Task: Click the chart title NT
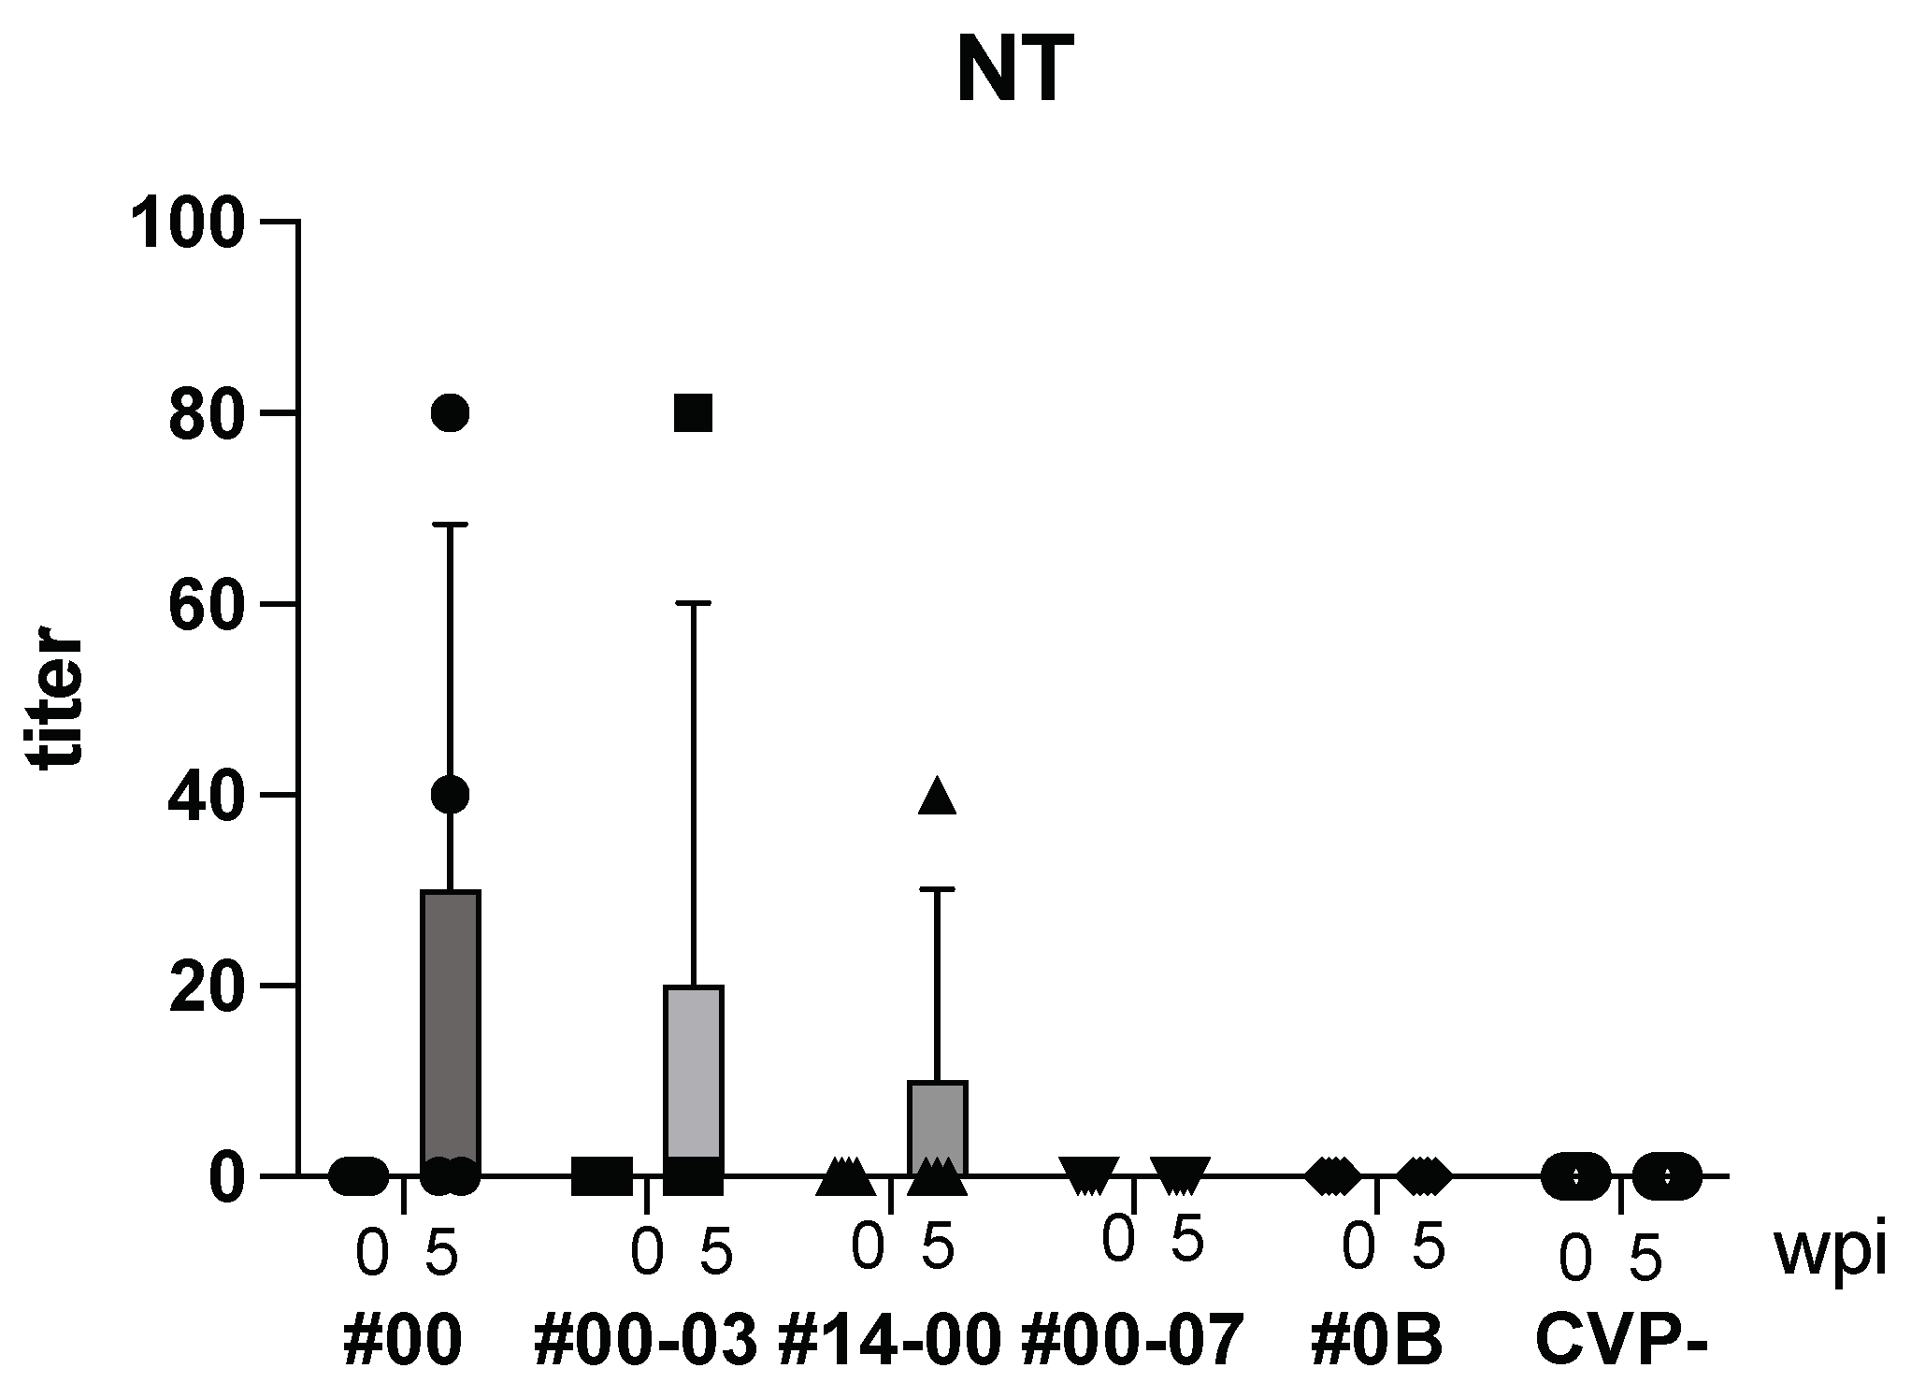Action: click(x=1013, y=70)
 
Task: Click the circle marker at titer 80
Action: click(x=451, y=412)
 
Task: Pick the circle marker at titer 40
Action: click(x=451, y=795)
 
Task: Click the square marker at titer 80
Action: click(x=694, y=412)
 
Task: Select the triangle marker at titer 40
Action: click(x=937, y=797)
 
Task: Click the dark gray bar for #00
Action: click(x=451, y=1029)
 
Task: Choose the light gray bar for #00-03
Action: click(x=694, y=1075)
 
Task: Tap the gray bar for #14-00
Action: click(x=937, y=1122)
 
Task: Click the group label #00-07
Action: click(x=1132, y=1341)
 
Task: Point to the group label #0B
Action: click(x=1377, y=1341)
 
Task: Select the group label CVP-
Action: click(x=1621, y=1341)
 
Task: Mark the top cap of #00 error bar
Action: click(x=451, y=526)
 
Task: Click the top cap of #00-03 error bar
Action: click(x=694, y=604)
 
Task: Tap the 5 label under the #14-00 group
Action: click(x=937, y=1247)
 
